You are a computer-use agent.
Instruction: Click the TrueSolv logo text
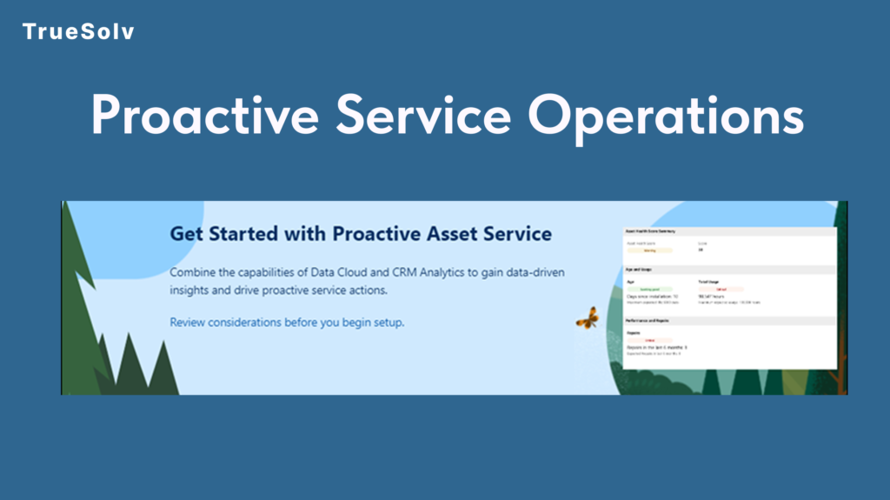(x=78, y=32)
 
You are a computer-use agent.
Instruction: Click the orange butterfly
(x=588, y=317)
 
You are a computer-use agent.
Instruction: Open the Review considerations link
(x=287, y=322)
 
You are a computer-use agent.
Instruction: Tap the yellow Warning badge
(x=649, y=250)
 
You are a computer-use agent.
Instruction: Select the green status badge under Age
(x=649, y=289)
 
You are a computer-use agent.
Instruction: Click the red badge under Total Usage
(x=721, y=289)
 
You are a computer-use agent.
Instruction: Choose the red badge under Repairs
(x=649, y=340)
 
